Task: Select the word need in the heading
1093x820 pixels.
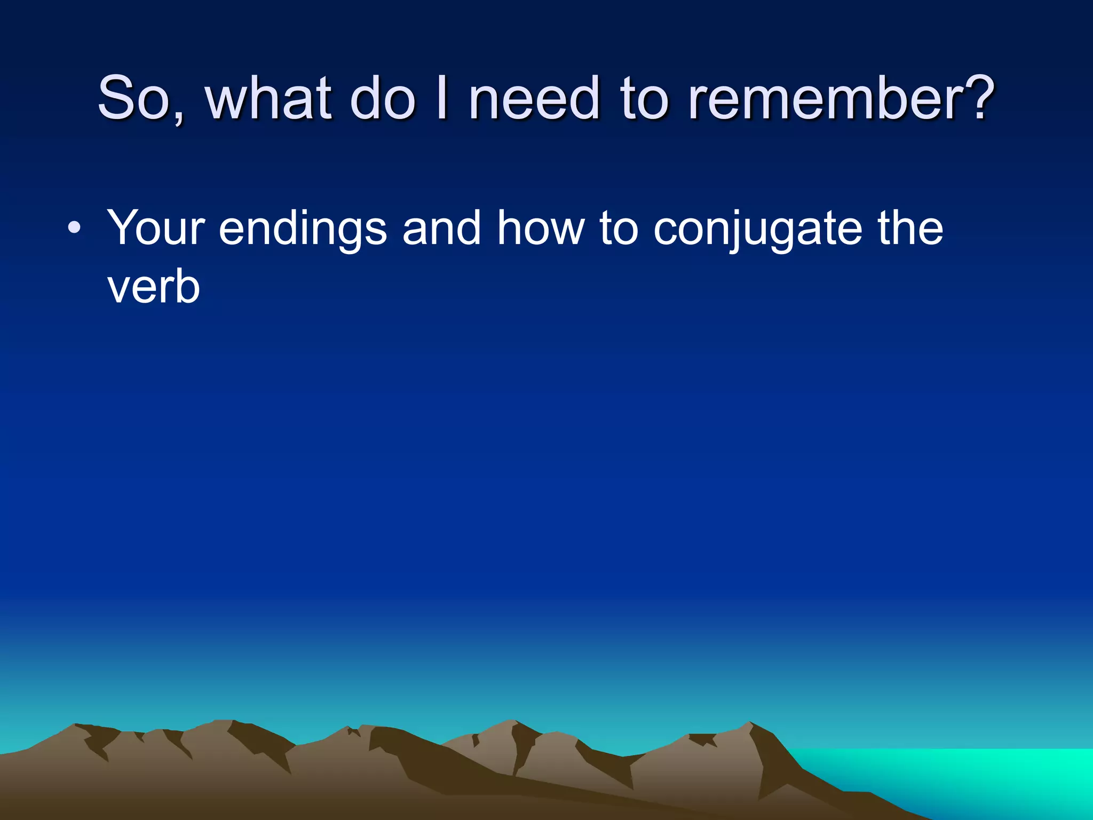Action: tap(534, 98)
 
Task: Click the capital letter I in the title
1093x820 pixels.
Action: tap(441, 98)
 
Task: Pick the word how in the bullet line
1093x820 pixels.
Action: tap(541, 228)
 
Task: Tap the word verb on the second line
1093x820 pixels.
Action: tap(154, 288)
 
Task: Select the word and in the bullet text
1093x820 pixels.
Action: tap(442, 228)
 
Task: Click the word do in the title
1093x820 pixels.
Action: tap(382, 98)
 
